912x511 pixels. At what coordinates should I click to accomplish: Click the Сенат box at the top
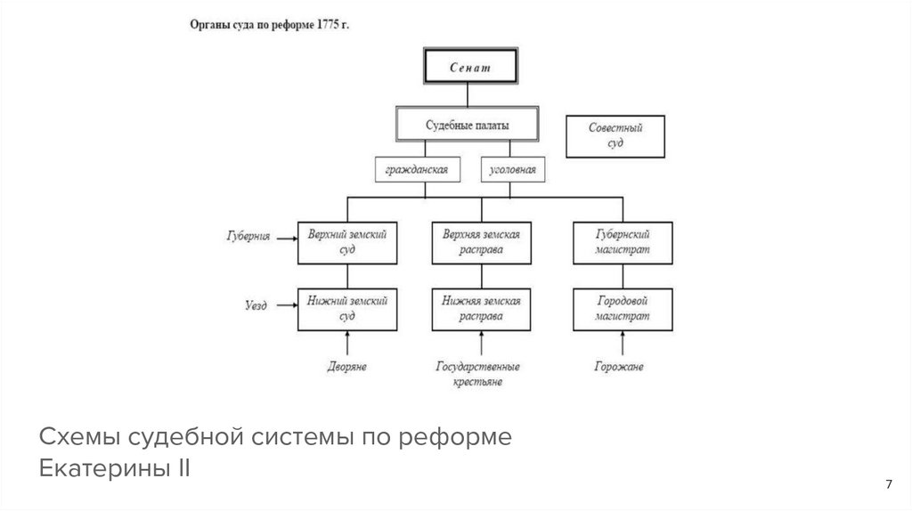[469, 65]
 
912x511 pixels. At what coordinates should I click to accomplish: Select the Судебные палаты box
[468, 125]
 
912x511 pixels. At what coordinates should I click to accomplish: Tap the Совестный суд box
[615, 135]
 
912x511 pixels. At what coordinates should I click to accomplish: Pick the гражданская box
[417, 168]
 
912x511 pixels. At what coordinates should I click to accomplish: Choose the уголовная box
[514, 168]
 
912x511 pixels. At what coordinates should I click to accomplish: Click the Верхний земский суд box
[347, 241]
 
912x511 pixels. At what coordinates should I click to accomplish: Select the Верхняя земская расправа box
[481, 241]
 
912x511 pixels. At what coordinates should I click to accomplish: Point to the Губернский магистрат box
[622, 241]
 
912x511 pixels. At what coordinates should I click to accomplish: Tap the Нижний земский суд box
[347, 308]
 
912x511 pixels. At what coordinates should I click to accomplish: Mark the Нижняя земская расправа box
[481, 308]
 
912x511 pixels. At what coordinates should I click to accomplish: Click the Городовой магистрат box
[622, 308]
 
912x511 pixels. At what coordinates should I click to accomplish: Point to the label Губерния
[247, 237]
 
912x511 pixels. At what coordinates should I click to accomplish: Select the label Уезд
[256, 304]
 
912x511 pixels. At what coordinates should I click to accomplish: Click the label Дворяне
[346, 366]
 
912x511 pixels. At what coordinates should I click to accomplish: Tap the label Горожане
[621, 366]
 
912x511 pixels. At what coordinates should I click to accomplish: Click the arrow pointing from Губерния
[285, 238]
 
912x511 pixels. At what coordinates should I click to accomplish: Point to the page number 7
[888, 483]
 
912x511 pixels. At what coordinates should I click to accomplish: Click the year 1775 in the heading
[324, 26]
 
